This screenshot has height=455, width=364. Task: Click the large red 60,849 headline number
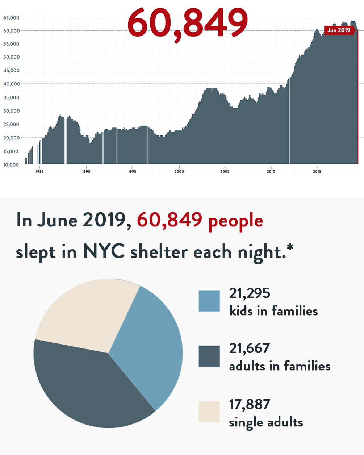[188, 22]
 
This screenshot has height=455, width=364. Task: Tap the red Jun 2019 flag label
[339, 30]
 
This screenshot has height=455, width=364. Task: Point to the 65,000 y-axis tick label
[11, 18]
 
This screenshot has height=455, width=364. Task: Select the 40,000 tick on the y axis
[11, 84]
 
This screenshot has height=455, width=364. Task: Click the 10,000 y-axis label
[11, 165]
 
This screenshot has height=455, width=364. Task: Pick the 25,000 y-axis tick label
[11, 125]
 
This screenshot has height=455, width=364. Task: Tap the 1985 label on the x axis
[40, 172]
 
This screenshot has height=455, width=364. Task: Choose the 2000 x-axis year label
[179, 172]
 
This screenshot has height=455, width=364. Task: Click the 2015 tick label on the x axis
[317, 172]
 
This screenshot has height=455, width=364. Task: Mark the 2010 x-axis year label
[271, 172]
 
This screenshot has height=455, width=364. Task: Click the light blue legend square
[209, 301]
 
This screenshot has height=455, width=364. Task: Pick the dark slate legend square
[209, 356]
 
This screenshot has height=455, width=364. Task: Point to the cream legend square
[209, 412]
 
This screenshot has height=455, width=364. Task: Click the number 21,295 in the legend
[250, 293]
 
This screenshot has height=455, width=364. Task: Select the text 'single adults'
[266, 422]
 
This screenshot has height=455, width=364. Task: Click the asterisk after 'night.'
[290, 248]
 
